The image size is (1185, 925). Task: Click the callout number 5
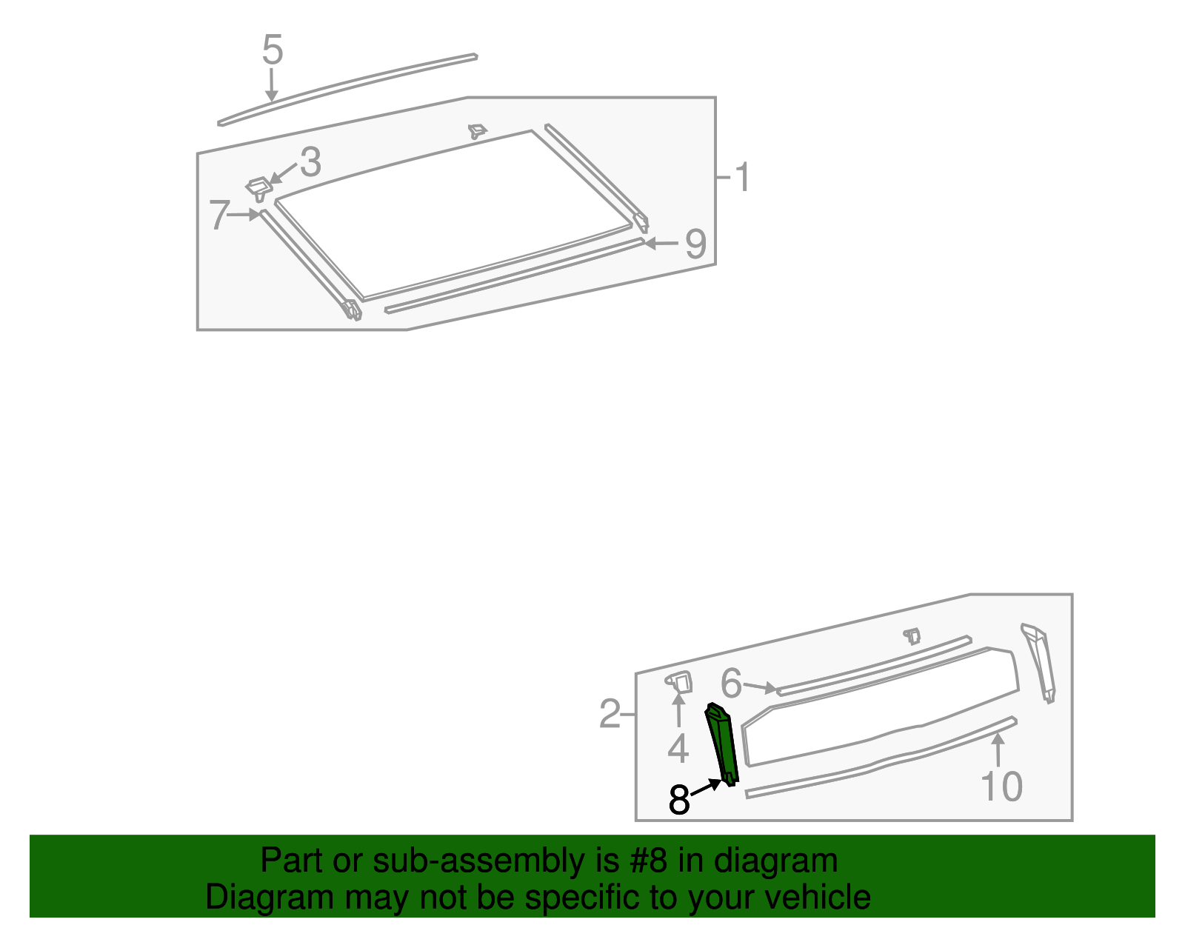tap(273, 50)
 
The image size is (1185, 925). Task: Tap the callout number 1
tap(742, 178)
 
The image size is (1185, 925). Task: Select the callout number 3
tap(311, 162)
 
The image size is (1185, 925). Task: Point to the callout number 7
tap(218, 216)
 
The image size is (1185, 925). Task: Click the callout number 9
tap(695, 244)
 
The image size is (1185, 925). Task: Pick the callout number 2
tap(610, 714)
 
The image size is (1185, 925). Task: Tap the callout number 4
tap(678, 749)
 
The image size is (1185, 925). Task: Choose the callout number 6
tap(731, 683)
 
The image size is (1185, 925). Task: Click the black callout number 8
tap(679, 800)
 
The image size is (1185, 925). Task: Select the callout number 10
tap(1001, 787)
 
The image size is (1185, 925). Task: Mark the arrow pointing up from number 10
tap(998, 748)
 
